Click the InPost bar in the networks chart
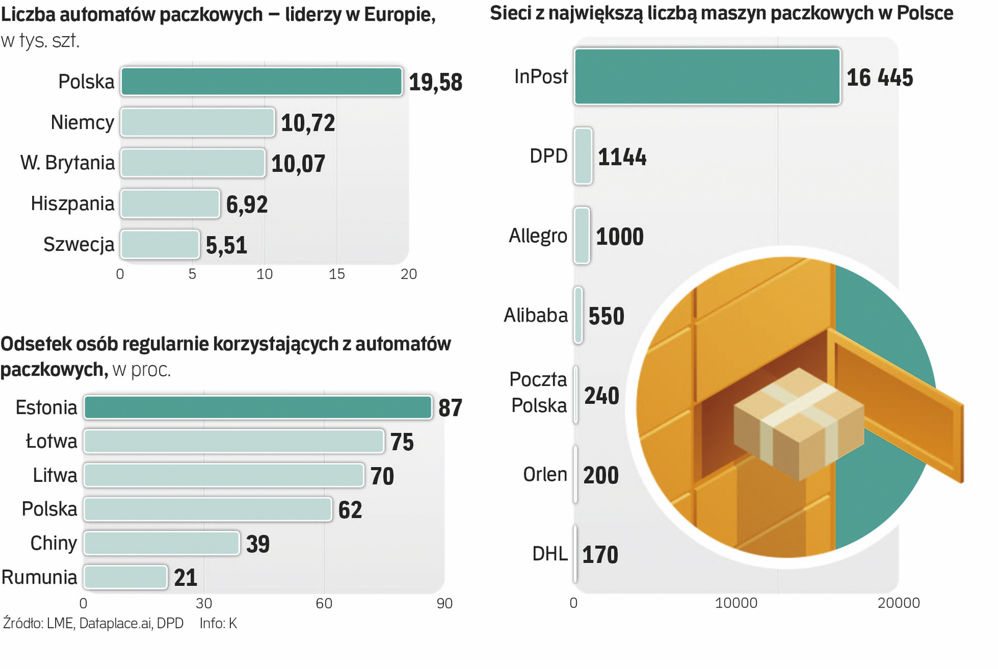click(706, 77)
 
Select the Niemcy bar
click(197, 123)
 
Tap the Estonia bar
click(258, 408)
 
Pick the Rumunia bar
click(126, 577)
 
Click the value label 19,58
click(435, 82)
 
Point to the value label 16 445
click(879, 78)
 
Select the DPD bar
click(583, 156)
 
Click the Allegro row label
click(537, 236)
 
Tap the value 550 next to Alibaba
click(606, 317)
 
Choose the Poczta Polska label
click(538, 392)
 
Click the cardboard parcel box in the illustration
click(799, 424)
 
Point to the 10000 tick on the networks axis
click(735, 603)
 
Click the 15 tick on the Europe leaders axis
click(336, 274)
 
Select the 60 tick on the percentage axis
click(324, 603)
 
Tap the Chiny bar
click(162, 543)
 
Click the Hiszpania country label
click(72, 204)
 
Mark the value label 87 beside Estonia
click(450, 408)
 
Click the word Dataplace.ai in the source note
click(115, 623)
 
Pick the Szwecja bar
click(160, 245)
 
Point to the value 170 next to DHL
click(600, 555)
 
